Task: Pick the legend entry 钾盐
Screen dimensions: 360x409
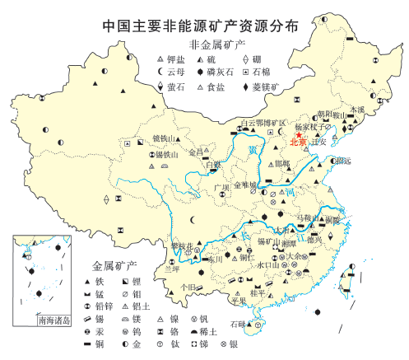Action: click(174, 61)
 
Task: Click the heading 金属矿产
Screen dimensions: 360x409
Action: click(114, 266)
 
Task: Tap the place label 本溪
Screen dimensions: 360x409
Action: click(356, 108)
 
